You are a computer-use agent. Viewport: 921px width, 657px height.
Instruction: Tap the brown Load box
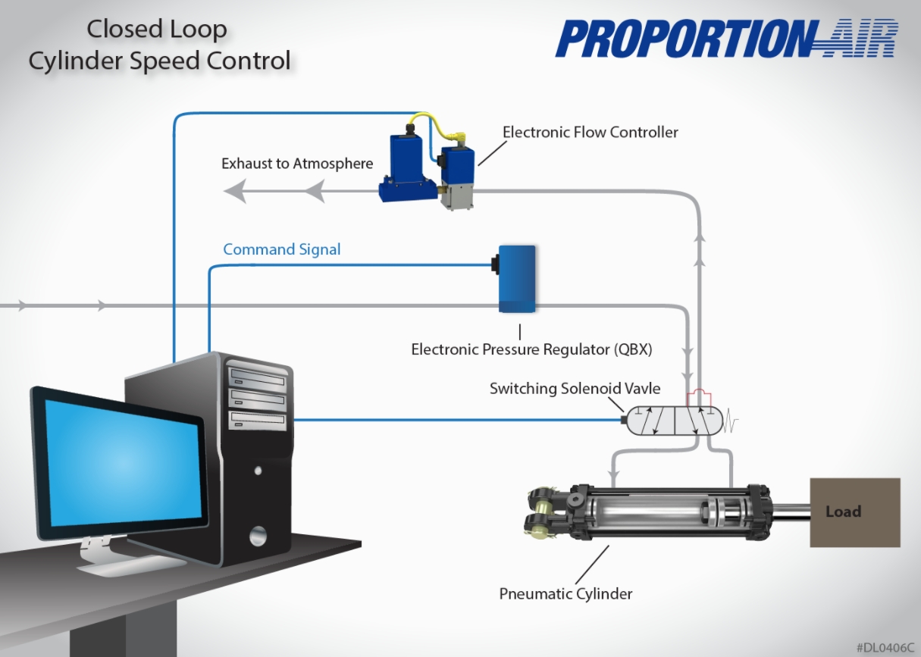[x=855, y=512]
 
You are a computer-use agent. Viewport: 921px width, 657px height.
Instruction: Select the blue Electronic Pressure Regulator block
[x=517, y=278]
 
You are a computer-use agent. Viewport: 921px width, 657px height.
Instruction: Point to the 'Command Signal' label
[x=281, y=249]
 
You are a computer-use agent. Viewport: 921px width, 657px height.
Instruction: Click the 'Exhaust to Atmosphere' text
[x=297, y=164]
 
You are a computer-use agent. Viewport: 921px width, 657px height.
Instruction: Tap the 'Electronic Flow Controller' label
[x=590, y=133]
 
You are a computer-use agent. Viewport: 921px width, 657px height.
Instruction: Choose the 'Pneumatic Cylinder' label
[x=565, y=593]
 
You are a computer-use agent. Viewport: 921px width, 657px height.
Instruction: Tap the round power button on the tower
[x=258, y=535]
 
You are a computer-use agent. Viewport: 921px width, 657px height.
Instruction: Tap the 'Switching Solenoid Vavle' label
[x=575, y=389]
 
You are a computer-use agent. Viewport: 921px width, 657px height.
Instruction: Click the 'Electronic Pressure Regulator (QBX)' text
[x=531, y=350]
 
